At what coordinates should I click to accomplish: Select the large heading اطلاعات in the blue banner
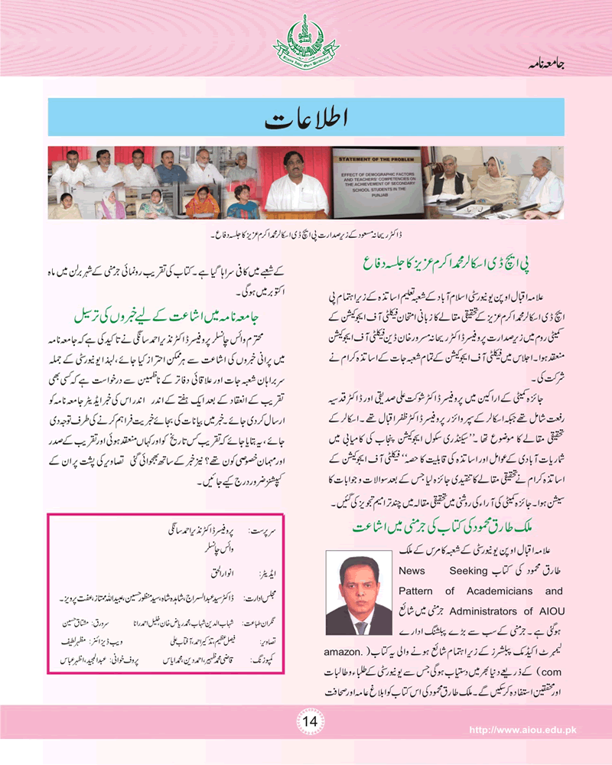(x=306, y=119)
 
